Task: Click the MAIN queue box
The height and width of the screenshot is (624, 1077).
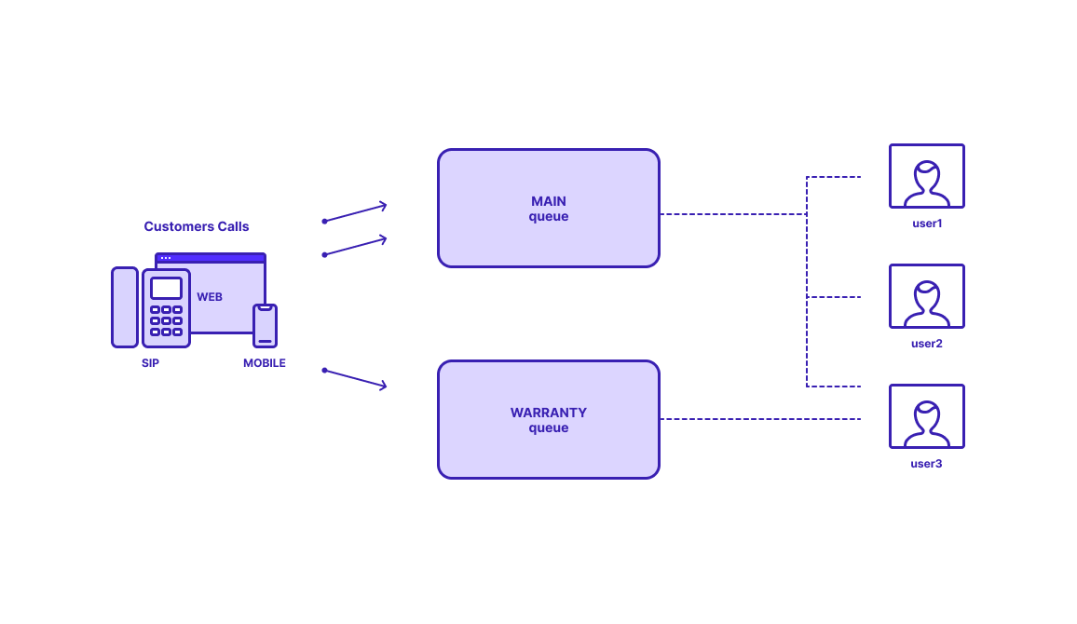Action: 548,208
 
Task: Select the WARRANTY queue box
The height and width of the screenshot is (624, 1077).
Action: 548,419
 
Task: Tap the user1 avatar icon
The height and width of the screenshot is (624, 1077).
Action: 927,176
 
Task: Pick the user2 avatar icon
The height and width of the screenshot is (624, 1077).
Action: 927,296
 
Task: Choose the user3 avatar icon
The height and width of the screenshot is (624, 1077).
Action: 927,416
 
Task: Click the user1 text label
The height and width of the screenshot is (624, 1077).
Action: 927,224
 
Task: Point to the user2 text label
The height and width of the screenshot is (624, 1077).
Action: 927,344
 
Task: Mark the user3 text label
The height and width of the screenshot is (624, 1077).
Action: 926,464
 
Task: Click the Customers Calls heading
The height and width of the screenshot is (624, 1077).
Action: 197,226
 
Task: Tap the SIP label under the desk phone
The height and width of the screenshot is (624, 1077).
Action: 150,363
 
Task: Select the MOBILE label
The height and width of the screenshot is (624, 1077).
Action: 265,363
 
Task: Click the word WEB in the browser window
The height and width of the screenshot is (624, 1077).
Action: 210,296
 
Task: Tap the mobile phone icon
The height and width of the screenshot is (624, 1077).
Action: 266,325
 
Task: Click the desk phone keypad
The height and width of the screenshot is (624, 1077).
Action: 166,320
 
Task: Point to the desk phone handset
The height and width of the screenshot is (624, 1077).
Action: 125,306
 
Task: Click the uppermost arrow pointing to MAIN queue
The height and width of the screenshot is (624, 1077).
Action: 354,212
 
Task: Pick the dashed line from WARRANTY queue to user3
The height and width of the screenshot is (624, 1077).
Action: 760,419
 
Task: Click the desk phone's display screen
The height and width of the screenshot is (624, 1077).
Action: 166,288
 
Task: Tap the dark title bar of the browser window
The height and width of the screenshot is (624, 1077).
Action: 211,258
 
